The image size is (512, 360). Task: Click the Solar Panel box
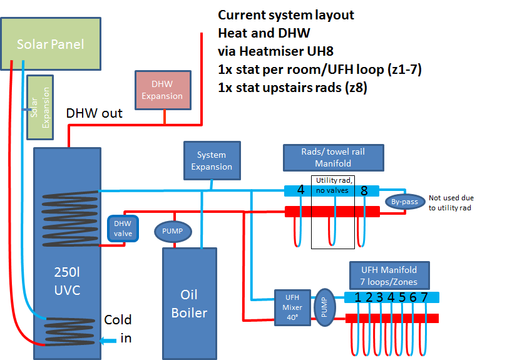[51, 44]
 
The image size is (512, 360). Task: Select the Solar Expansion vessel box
[40, 108]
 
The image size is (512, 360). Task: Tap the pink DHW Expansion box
[163, 90]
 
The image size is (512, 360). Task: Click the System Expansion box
[212, 161]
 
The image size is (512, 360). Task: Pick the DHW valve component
[123, 229]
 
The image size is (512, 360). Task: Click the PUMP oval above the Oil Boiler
[173, 231]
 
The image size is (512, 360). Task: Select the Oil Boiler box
[190, 304]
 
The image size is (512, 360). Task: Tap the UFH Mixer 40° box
[292, 307]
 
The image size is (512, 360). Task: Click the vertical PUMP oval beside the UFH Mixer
[324, 307]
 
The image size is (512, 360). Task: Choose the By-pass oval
[404, 202]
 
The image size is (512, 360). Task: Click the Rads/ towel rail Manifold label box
[334, 158]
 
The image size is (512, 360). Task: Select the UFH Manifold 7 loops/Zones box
[389, 275]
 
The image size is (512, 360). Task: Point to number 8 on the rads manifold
[364, 191]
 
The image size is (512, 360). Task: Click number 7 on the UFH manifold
[424, 297]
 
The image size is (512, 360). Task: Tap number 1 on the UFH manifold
[358, 297]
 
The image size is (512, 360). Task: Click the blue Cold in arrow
[108, 341]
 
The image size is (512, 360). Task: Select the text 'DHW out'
[94, 113]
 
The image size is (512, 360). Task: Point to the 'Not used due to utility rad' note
[451, 203]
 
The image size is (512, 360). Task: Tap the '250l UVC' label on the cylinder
[67, 281]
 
